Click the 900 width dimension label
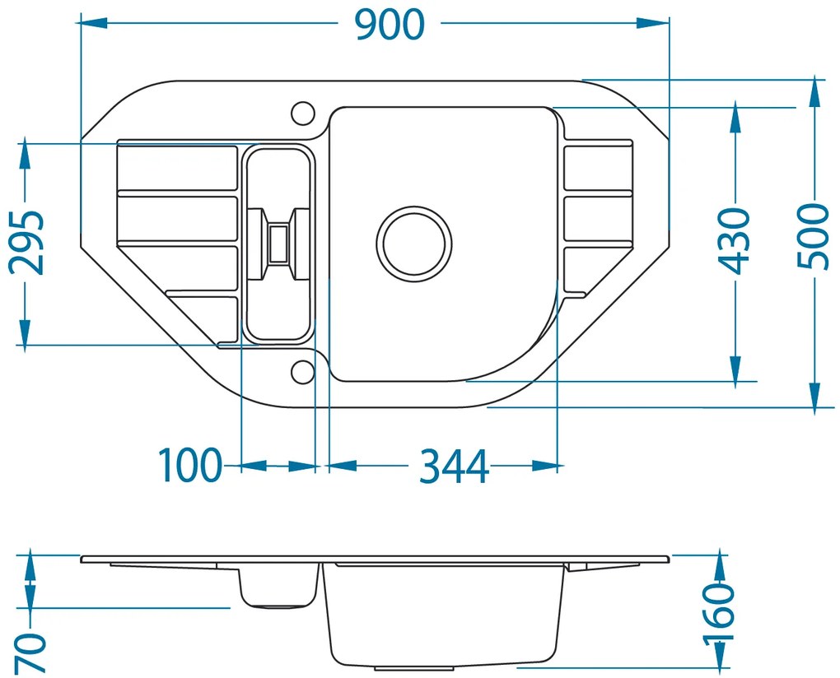(390, 25)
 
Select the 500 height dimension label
(813, 236)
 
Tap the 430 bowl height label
(734, 241)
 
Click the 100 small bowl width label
(189, 465)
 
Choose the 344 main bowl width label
(454, 466)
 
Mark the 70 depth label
(30, 652)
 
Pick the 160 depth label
(718, 613)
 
